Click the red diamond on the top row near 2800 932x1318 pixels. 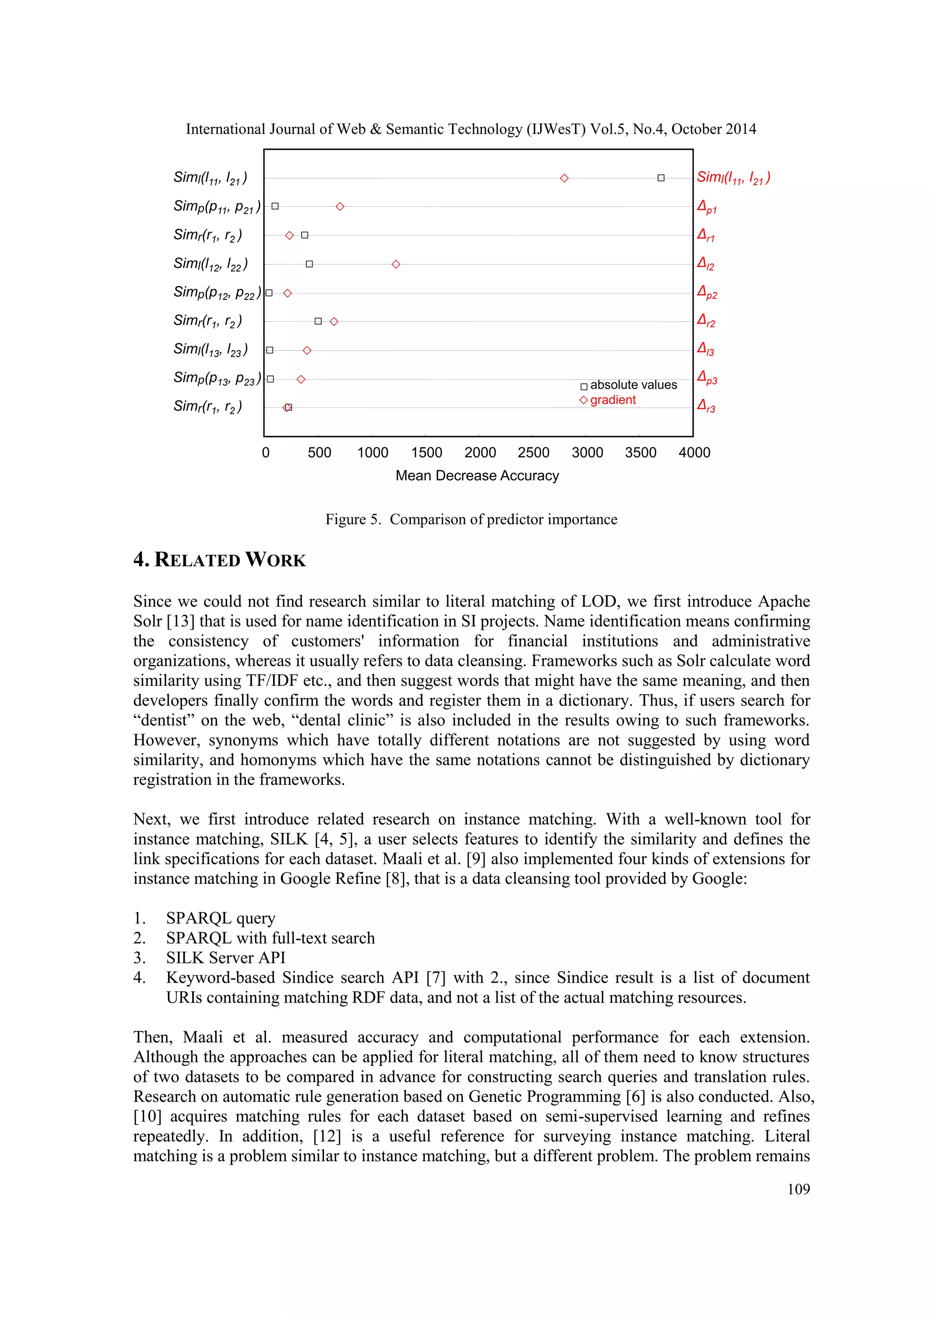point(564,178)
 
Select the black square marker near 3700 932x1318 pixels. point(661,178)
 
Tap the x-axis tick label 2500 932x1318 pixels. point(533,453)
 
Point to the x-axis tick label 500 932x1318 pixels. point(319,453)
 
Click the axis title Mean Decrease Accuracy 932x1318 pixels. point(477,476)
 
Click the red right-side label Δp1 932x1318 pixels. point(706,207)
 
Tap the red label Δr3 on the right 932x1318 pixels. point(706,406)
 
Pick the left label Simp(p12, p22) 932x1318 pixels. point(216,293)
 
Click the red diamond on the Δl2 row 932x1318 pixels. point(396,264)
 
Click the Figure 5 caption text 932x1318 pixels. point(471,519)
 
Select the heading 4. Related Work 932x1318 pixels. point(219,560)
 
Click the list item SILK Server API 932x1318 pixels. point(226,958)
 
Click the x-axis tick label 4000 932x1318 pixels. point(694,453)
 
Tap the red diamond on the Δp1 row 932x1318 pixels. point(340,206)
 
